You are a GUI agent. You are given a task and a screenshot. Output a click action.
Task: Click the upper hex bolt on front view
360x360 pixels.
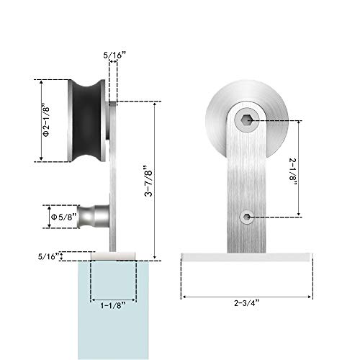247,121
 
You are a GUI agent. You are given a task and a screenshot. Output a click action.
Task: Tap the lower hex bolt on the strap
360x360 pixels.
247,217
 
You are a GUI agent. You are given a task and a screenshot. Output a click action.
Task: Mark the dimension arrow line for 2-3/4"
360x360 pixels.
216,296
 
